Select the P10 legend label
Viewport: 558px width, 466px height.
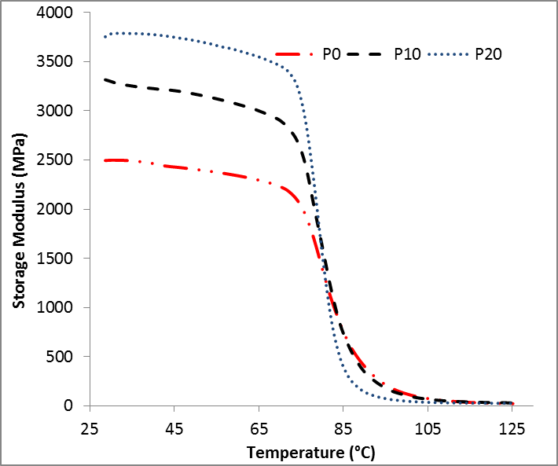(408, 54)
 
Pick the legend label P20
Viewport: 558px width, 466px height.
(487, 54)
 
